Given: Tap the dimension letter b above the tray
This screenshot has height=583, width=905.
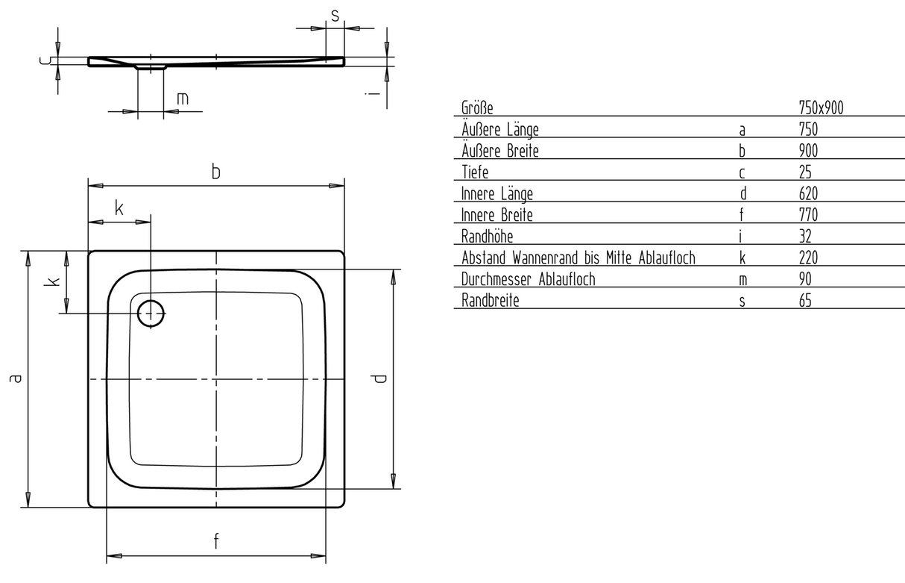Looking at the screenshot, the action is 216,172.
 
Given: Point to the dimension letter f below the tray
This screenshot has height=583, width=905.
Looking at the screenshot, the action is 216,541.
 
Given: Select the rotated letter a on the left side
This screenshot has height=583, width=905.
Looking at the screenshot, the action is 16,378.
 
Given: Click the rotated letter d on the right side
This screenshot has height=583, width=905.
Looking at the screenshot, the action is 379,378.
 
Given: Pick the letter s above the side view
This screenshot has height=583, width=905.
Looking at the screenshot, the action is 335,16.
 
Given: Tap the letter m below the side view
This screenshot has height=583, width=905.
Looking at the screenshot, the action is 183,99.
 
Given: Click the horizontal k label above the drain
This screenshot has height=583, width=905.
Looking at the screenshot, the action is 119,208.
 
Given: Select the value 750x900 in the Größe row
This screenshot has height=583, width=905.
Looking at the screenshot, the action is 821,108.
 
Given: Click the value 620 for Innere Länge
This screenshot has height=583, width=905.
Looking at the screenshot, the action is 808,193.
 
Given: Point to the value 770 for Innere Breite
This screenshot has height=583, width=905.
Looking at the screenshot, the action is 808,215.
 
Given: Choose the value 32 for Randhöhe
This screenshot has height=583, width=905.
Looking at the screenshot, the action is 805,237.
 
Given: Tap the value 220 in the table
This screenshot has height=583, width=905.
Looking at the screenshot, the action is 808,258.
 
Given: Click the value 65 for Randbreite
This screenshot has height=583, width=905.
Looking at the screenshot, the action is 805,301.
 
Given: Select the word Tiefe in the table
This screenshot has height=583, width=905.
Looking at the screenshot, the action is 475,172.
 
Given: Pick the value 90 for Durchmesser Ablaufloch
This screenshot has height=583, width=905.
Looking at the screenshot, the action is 805,279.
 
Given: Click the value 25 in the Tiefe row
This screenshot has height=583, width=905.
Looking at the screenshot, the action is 805,172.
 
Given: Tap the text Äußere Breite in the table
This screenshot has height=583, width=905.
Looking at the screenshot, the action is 500,150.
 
